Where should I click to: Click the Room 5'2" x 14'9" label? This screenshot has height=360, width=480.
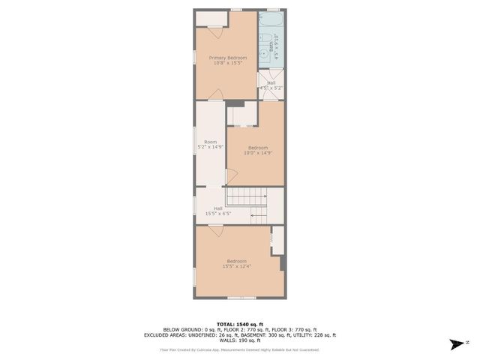coord(211,144)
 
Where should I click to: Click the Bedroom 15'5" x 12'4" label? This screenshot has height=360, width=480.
coord(236,263)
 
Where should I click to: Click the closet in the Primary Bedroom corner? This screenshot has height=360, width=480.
coord(209,19)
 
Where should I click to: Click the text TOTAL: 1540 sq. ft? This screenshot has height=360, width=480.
coord(240,322)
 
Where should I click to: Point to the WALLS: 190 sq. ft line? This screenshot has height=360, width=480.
coord(240,340)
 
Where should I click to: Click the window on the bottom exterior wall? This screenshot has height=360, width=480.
coord(240,298)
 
